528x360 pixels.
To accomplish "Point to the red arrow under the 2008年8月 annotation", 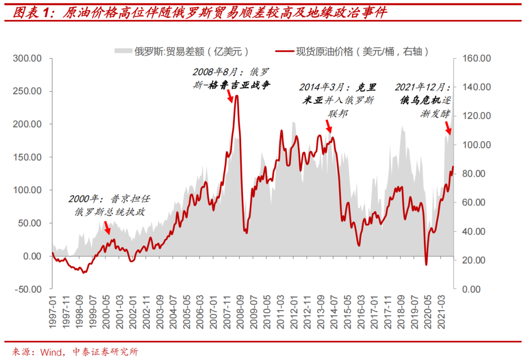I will (x=229, y=97).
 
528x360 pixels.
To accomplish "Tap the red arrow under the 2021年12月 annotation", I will (x=447, y=128).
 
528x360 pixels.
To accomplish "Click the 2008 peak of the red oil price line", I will (x=237, y=95).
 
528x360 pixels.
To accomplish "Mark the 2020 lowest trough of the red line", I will (x=426, y=265).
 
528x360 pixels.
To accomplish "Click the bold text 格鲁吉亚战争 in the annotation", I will (x=239, y=85).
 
